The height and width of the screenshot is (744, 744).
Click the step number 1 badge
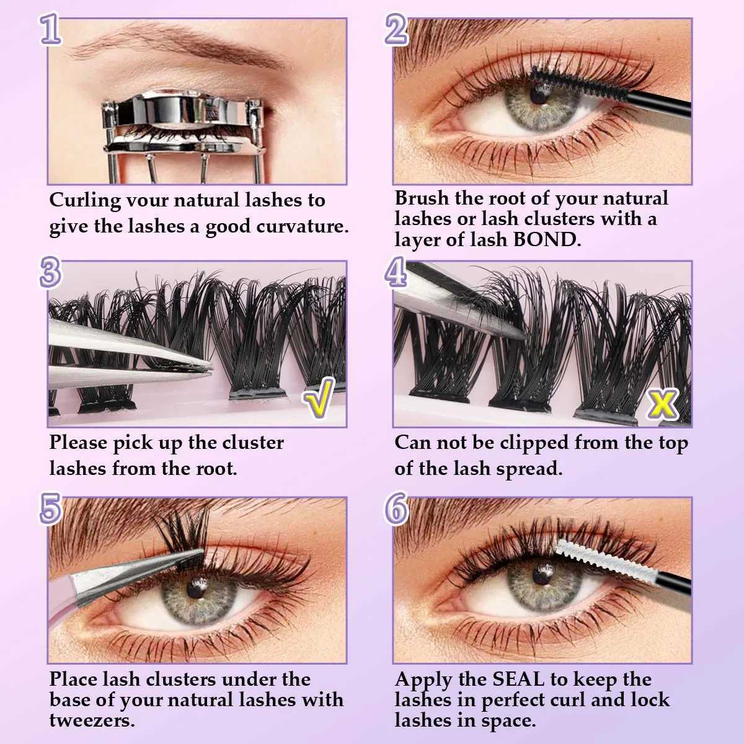click(51, 29)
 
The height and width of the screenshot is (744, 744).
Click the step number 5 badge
click(51, 508)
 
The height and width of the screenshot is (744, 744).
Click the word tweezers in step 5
click(92, 720)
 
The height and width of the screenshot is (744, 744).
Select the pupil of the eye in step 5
click(197, 585)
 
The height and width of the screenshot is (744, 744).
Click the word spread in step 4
click(529, 468)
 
